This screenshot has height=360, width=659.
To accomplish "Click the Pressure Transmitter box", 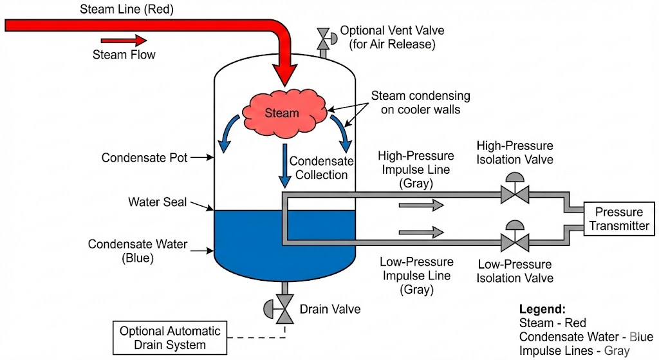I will click(x=618, y=219).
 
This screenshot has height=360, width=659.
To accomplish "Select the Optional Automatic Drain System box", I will click(x=170, y=338).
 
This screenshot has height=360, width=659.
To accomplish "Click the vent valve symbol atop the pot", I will click(x=324, y=38).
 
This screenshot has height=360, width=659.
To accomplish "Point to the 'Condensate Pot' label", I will click(x=145, y=158).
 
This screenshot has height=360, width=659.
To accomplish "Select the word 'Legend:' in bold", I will click(x=542, y=308).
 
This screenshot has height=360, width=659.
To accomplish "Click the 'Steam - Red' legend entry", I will click(x=552, y=323).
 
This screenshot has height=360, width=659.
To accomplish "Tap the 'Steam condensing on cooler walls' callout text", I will click(x=420, y=102).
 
